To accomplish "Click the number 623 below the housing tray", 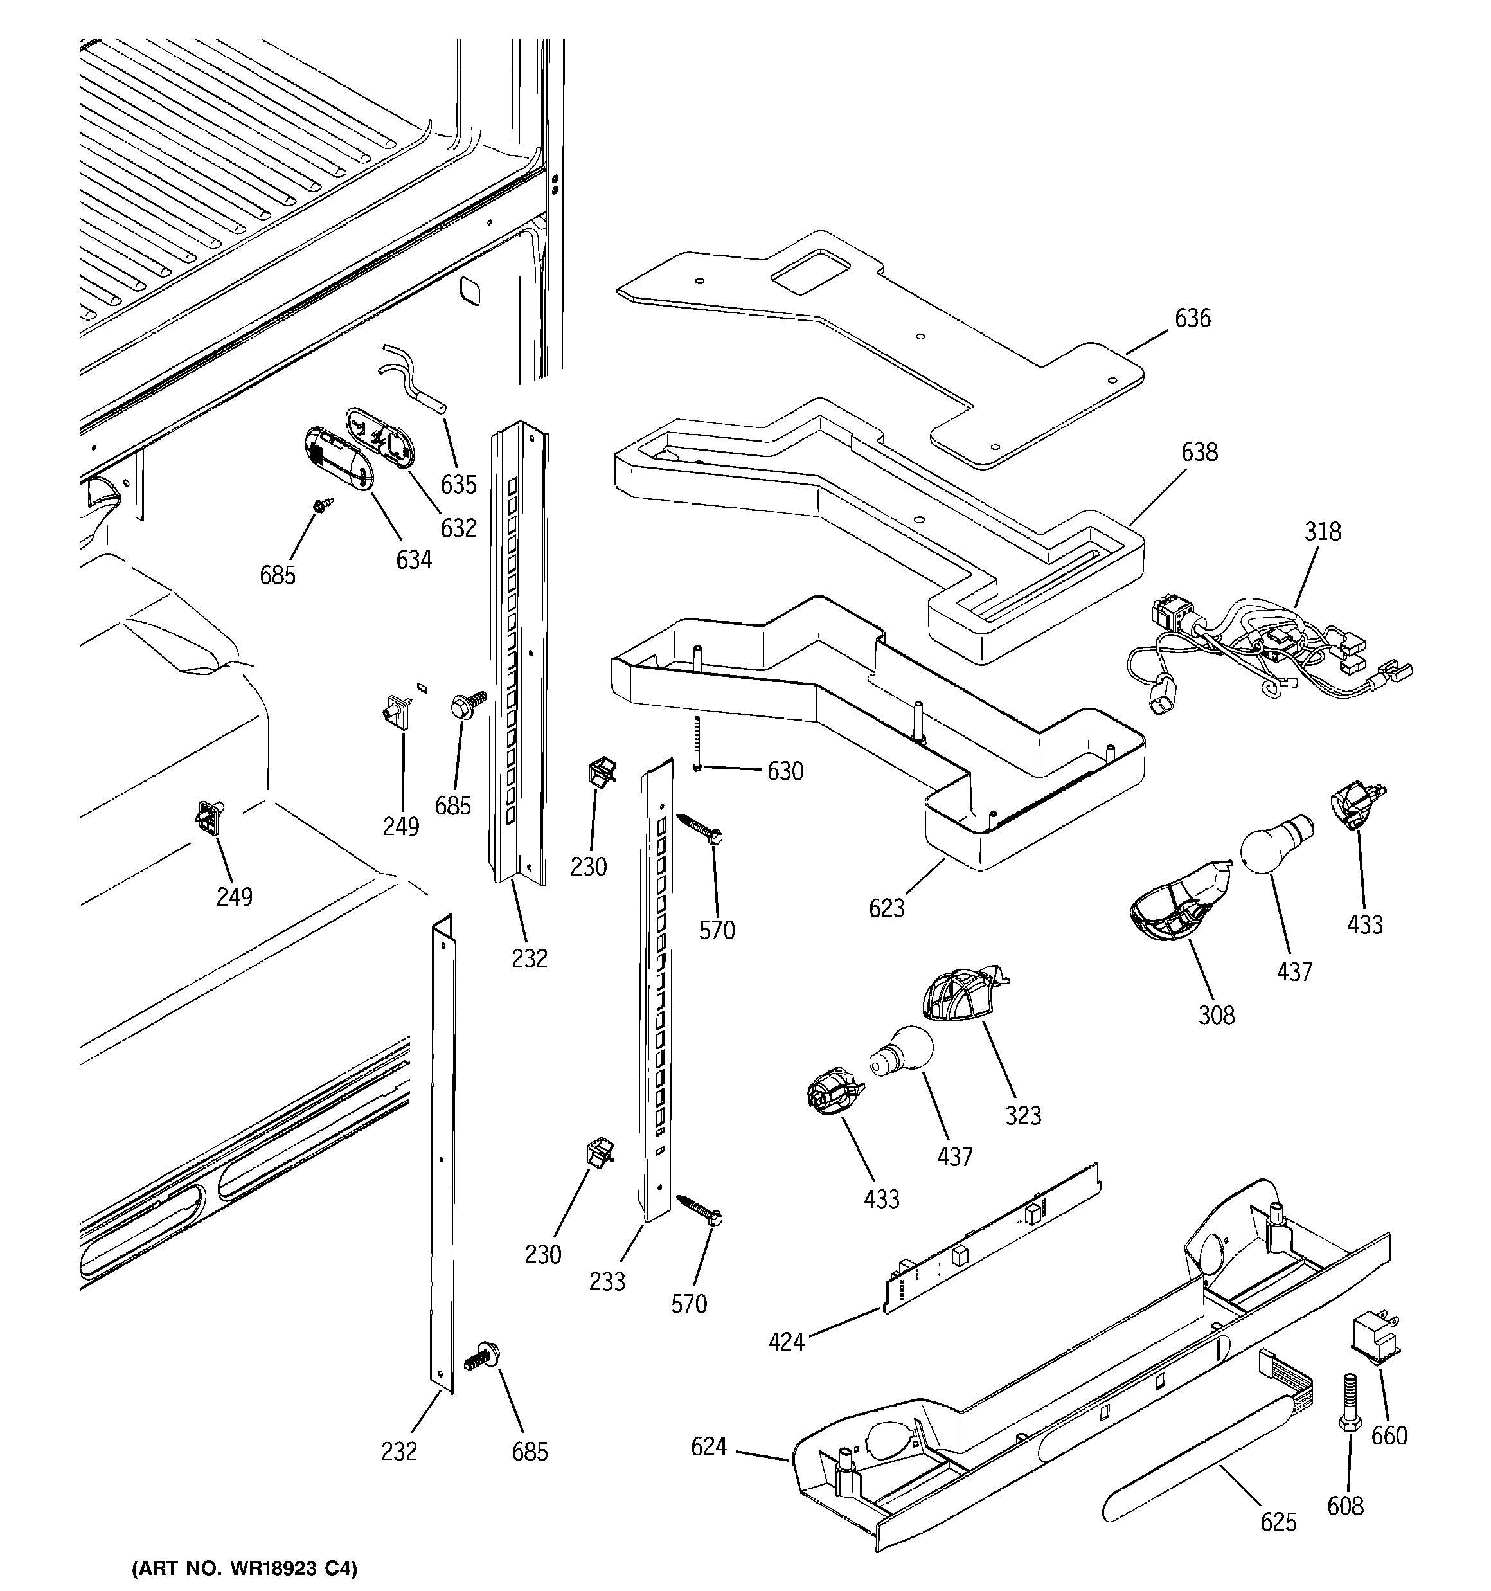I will (886, 908).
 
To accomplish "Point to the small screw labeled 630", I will (699, 744).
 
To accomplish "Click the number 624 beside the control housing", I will (708, 1447).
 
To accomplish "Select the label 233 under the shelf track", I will (607, 1282).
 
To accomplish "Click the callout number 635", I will (459, 485).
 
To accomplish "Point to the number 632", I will (458, 528).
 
